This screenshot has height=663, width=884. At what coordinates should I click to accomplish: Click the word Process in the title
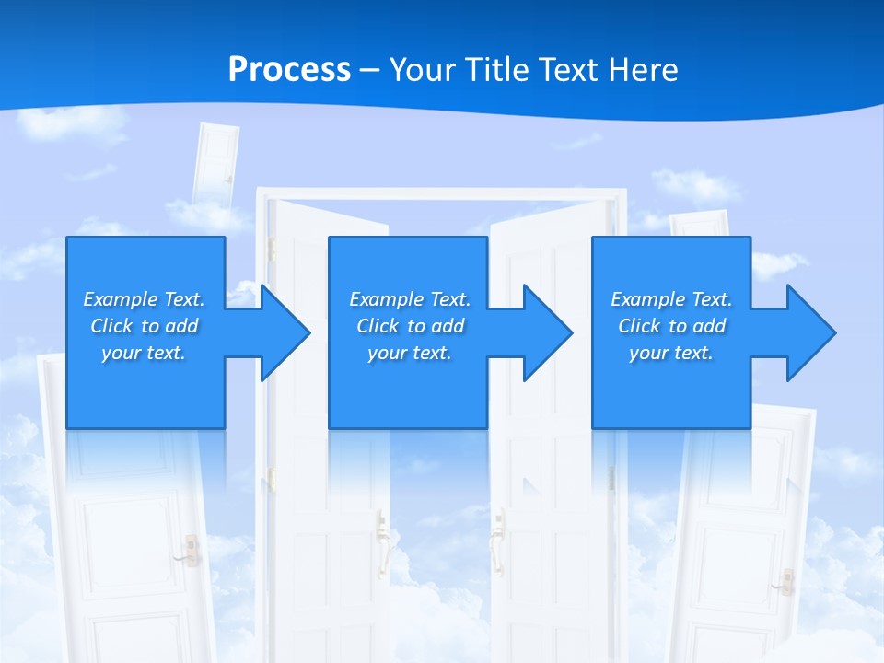pyautogui.click(x=289, y=70)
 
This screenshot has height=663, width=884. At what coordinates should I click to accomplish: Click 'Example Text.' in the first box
pyautogui.click(x=144, y=299)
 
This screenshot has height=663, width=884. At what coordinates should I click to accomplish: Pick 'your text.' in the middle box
pyautogui.click(x=409, y=353)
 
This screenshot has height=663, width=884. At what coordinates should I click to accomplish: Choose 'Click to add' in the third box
pyautogui.click(x=671, y=326)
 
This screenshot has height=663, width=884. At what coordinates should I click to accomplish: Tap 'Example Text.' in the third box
pyautogui.click(x=671, y=299)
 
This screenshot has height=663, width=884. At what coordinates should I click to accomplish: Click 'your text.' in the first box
pyautogui.click(x=144, y=353)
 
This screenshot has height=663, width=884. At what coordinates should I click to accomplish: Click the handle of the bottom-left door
pyautogui.click(x=190, y=549)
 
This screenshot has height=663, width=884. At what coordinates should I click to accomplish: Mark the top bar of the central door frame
pyautogui.click(x=441, y=193)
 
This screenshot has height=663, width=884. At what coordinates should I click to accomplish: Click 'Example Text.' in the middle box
pyautogui.click(x=409, y=299)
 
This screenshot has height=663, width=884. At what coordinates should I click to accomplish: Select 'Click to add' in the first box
pyautogui.click(x=144, y=326)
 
